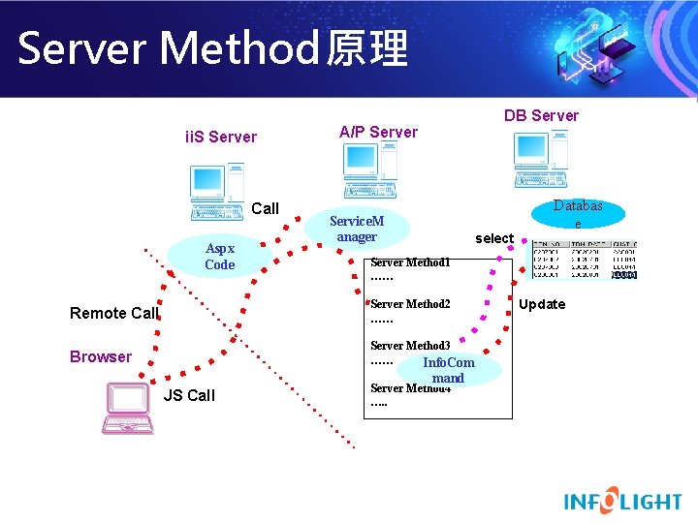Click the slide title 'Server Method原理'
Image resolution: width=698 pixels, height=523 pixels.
[213, 48]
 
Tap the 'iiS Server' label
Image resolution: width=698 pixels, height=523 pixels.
[221, 137]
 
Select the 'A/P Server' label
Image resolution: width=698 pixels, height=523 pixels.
[378, 132]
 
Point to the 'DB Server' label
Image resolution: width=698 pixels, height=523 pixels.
[541, 115]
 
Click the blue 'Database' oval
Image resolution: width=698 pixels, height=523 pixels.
[578, 213]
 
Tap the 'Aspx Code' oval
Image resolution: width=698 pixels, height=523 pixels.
[219, 257]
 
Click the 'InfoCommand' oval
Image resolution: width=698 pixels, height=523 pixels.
[448, 370]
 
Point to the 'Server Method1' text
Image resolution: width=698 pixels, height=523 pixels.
[410, 262]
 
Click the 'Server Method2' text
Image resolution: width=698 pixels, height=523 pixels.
[410, 304]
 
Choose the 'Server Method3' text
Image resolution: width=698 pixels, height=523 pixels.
[410, 346]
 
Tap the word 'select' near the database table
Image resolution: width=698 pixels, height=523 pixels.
[493, 238]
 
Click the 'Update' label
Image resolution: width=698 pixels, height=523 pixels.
[542, 304]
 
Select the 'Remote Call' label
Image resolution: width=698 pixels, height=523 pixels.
[113, 313]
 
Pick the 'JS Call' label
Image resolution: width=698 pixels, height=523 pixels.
[189, 395]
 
